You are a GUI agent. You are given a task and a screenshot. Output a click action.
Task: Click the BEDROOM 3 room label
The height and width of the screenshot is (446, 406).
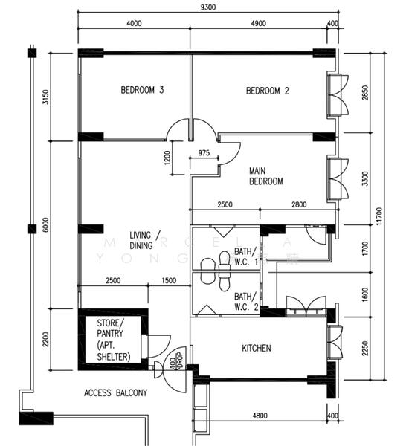click(142, 91)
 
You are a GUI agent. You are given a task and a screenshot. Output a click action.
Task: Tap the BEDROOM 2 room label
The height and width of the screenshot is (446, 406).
click(267, 91)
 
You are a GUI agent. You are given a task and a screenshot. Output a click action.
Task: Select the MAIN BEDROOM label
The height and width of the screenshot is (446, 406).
click(265, 176)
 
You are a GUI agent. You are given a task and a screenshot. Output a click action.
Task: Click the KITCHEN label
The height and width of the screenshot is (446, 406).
click(256, 348)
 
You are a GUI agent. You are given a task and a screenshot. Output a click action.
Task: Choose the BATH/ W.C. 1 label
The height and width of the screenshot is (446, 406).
click(245, 256)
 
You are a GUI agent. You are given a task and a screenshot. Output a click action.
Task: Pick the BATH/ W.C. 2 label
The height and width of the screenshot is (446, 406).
click(245, 301)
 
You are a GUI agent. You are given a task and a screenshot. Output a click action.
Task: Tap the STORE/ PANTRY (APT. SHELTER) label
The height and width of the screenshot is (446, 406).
click(114, 340)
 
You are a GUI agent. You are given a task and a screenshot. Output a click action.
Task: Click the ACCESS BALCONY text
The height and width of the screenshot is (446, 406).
click(115, 392)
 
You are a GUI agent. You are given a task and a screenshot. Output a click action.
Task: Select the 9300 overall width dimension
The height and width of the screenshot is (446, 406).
click(207, 8)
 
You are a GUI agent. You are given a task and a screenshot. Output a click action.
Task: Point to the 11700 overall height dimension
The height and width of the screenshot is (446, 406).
click(380, 215)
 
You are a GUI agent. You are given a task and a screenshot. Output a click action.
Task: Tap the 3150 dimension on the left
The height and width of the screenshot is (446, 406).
click(45, 97)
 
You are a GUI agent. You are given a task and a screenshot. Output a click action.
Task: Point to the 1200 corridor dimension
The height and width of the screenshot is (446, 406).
click(167, 158)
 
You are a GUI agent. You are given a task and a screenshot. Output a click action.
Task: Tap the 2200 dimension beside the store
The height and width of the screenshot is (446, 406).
click(45, 341)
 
